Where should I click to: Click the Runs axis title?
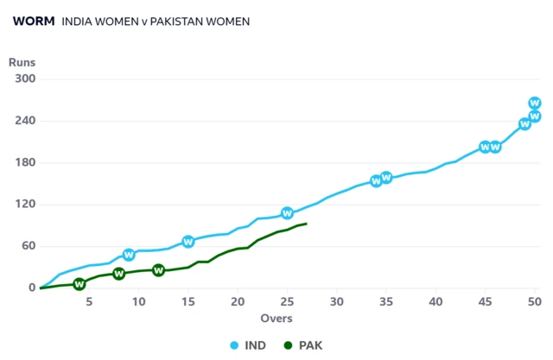tap(22, 62)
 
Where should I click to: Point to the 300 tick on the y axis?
tap(23, 79)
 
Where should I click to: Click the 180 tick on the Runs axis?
tap(23, 162)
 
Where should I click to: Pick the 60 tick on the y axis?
tap(27, 246)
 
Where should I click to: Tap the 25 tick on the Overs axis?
tap(288, 301)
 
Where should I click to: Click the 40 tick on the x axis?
tap(435, 301)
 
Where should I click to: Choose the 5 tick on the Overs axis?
tap(90, 301)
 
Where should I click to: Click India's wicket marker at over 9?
tap(129, 255)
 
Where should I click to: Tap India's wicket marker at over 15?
tap(188, 242)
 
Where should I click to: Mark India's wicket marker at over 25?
tap(287, 213)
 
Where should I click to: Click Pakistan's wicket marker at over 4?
tap(79, 284)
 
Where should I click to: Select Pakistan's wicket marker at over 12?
tap(159, 270)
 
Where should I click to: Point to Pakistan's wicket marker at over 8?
tap(119, 274)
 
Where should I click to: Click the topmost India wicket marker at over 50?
tap(535, 103)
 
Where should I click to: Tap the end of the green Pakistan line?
tap(307, 224)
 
